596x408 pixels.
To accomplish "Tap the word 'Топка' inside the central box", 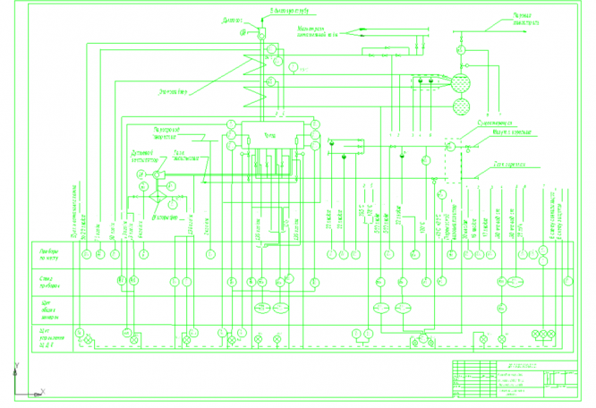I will point(268,134).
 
